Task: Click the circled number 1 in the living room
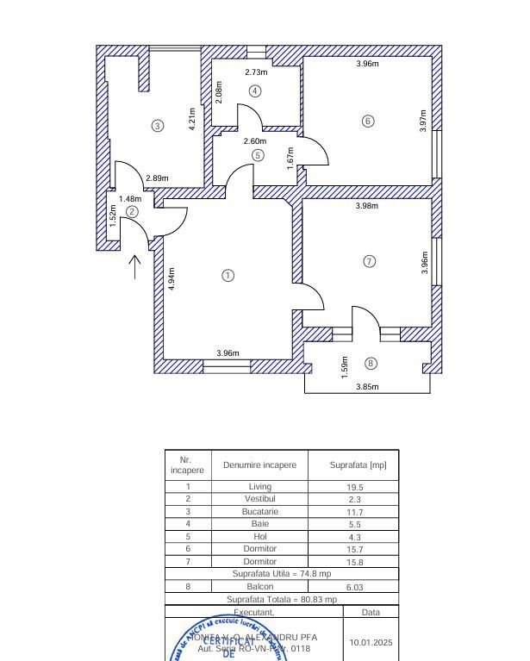228,276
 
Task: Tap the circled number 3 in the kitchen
157,126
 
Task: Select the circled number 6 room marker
368,121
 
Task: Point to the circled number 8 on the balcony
371,364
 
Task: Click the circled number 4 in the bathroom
255,90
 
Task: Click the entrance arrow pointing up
135,266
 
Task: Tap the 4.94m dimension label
172,277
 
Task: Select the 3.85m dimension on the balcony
367,387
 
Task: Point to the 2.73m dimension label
257,72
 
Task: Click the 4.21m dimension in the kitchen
193,118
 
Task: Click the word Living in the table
259,487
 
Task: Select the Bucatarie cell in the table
259,512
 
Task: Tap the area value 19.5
353,487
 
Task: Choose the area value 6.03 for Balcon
353,586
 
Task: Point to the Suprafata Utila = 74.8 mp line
281,573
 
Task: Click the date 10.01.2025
371,642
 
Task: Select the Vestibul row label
259,499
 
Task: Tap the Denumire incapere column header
259,465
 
